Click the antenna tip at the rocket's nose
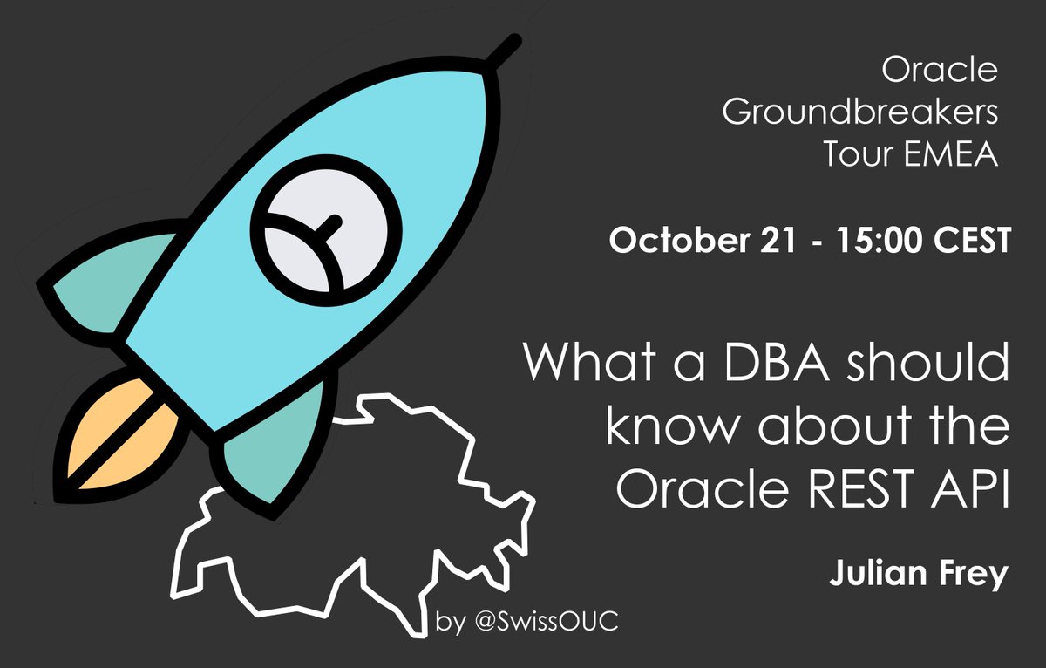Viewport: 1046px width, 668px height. [x=514, y=40]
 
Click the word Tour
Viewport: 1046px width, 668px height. [x=855, y=156]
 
